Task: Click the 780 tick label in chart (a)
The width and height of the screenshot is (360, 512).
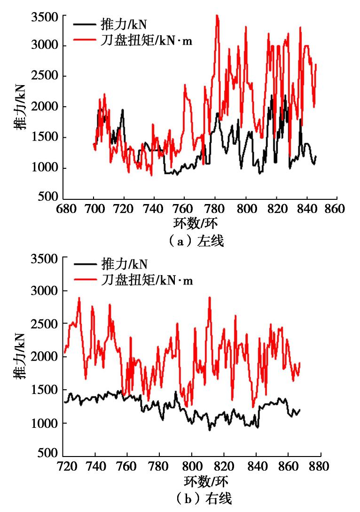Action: pyautogui.click(x=216, y=208)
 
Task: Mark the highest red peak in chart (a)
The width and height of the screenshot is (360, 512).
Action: pyautogui.click(x=217, y=16)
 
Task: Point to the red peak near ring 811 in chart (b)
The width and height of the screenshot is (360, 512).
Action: pyautogui.click(x=210, y=298)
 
